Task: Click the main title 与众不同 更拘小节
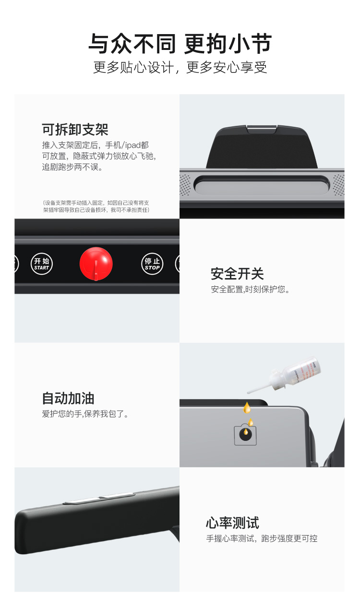point(180,43)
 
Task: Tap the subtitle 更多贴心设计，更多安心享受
point(180,67)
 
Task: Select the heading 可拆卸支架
point(75,130)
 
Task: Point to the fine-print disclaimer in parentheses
point(96,207)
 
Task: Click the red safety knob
point(96,264)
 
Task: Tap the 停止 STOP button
point(152,264)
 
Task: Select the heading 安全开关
point(237,274)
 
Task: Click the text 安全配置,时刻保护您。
point(250,290)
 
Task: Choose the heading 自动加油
point(68,398)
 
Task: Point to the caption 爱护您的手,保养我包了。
point(85,414)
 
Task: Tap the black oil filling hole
point(245,434)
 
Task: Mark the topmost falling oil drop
point(247,408)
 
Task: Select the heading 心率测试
point(232,523)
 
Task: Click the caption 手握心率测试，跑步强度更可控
point(262,538)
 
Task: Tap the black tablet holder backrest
point(262,147)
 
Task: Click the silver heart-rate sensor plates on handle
point(99,498)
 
